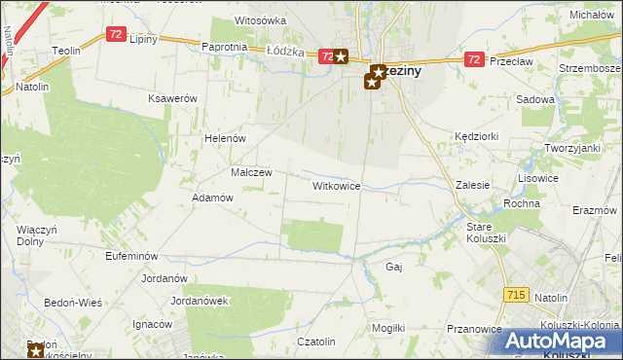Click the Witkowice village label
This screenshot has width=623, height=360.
click(x=337, y=185)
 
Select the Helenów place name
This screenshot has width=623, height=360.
click(x=224, y=138)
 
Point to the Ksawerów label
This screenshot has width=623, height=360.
click(x=172, y=99)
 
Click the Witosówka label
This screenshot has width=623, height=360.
click(x=260, y=20)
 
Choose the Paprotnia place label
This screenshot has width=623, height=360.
click(x=224, y=47)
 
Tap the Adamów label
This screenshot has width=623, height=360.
click(x=212, y=197)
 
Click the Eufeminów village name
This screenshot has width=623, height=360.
click(x=131, y=255)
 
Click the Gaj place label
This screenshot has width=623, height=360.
click(x=394, y=266)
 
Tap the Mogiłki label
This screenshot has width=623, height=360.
click(x=388, y=329)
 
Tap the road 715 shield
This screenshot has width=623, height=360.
click(x=518, y=293)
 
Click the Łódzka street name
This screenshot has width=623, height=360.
click(x=285, y=52)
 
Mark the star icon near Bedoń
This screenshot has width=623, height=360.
click(x=36, y=350)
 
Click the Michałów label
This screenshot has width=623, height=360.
click(x=594, y=16)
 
